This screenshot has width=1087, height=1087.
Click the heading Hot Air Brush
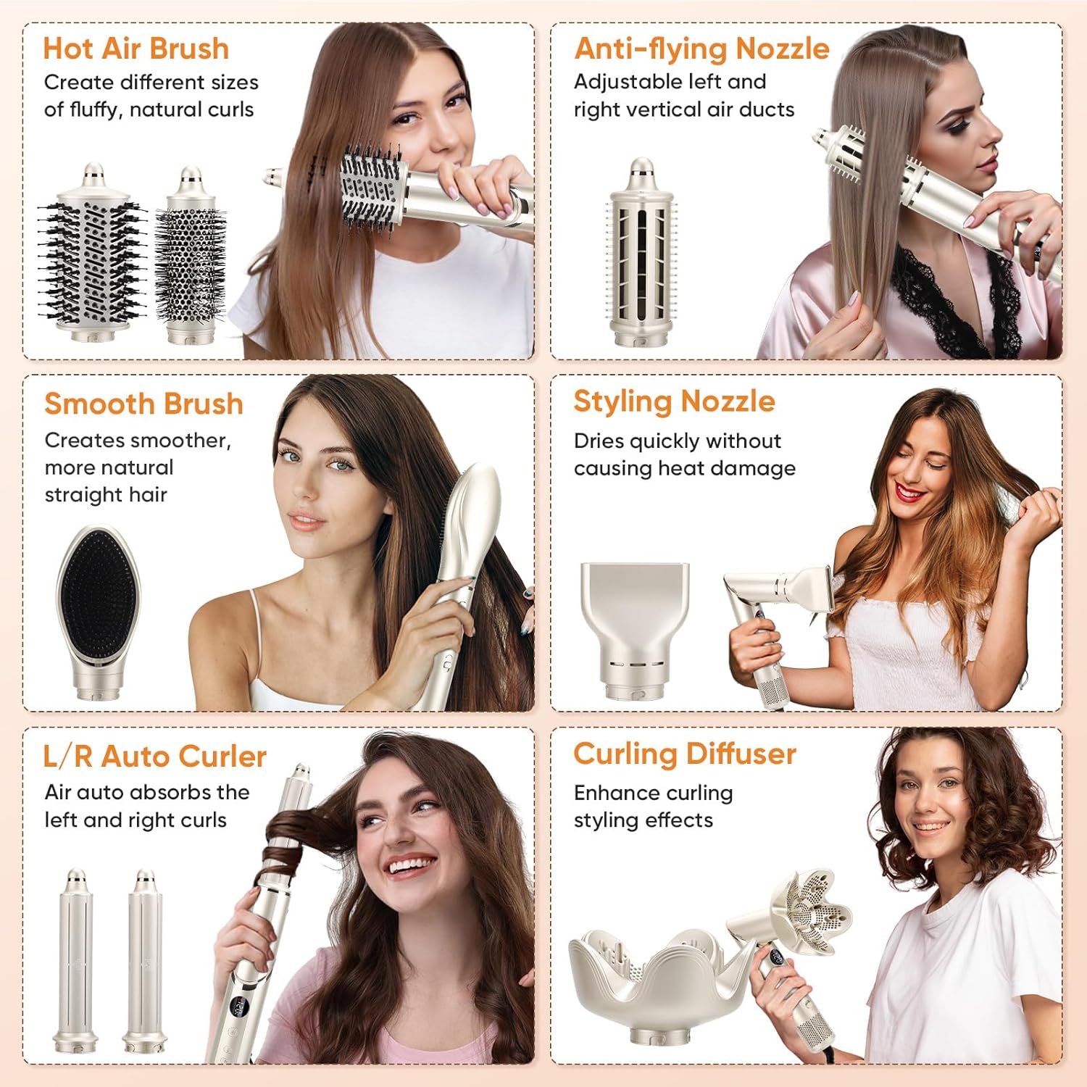pyautogui.click(x=136, y=49)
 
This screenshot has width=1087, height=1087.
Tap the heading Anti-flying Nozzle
pyautogui.click(x=701, y=49)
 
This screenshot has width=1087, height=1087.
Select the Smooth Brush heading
pyautogui.click(x=143, y=404)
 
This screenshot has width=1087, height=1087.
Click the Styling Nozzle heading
pyautogui.click(x=674, y=401)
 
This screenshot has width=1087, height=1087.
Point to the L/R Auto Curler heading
pyautogui.click(x=154, y=756)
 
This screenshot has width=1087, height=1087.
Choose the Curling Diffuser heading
pyautogui.click(x=685, y=754)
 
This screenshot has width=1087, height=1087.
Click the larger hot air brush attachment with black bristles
pyautogui.click(x=92, y=254)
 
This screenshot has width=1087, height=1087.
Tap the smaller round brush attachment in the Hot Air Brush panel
pyautogui.click(x=190, y=257)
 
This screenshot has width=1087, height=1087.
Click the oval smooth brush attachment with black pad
pyautogui.click(x=97, y=609)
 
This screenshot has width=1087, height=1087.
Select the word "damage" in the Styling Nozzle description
pyautogui.click(x=761, y=468)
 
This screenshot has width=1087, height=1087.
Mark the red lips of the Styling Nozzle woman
pyautogui.click(x=909, y=492)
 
